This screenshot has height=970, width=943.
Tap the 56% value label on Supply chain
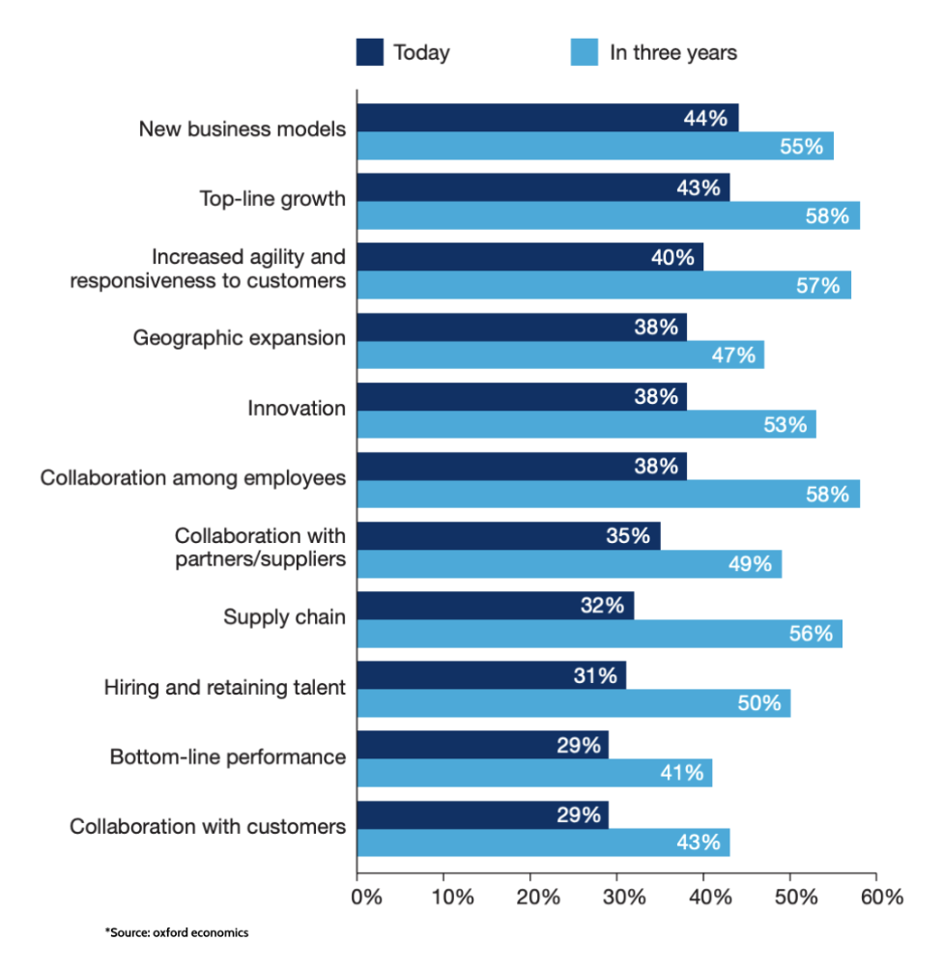click(x=810, y=634)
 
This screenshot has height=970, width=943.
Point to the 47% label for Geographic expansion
click(x=732, y=355)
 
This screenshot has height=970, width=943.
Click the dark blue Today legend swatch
click(x=370, y=52)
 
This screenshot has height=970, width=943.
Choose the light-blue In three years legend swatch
click(x=585, y=52)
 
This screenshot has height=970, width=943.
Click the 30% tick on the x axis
click(x=616, y=897)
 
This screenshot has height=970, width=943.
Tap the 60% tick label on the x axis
click(x=876, y=897)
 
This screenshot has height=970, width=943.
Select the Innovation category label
click(x=297, y=409)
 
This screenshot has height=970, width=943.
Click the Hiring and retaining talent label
click(x=224, y=688)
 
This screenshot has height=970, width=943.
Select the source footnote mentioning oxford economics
click(x=177, y=933)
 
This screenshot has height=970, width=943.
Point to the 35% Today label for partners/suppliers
click(x=629, y=536)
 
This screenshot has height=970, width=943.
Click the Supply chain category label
click(x=284, y=617)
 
